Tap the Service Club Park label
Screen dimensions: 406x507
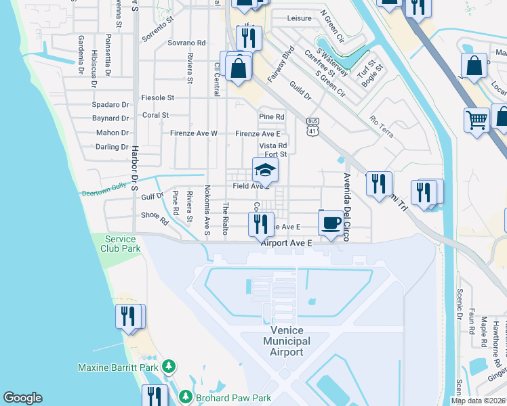click(x=123, y=244)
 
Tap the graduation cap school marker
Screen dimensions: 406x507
click(x=265, y=171)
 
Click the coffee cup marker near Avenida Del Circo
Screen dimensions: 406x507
click(x=330, y=223)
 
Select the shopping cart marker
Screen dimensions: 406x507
click(x=476, y=120)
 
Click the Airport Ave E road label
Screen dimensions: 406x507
click(x=287, y=242)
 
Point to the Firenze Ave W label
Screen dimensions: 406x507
click(x=193, y=133)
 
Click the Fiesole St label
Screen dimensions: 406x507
click(x=158, y=97)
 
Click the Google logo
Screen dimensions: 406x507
click(x=22, y=398)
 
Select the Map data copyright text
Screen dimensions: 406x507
click(x=478, y=401)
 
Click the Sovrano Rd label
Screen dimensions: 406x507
click(x=186, y=43)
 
